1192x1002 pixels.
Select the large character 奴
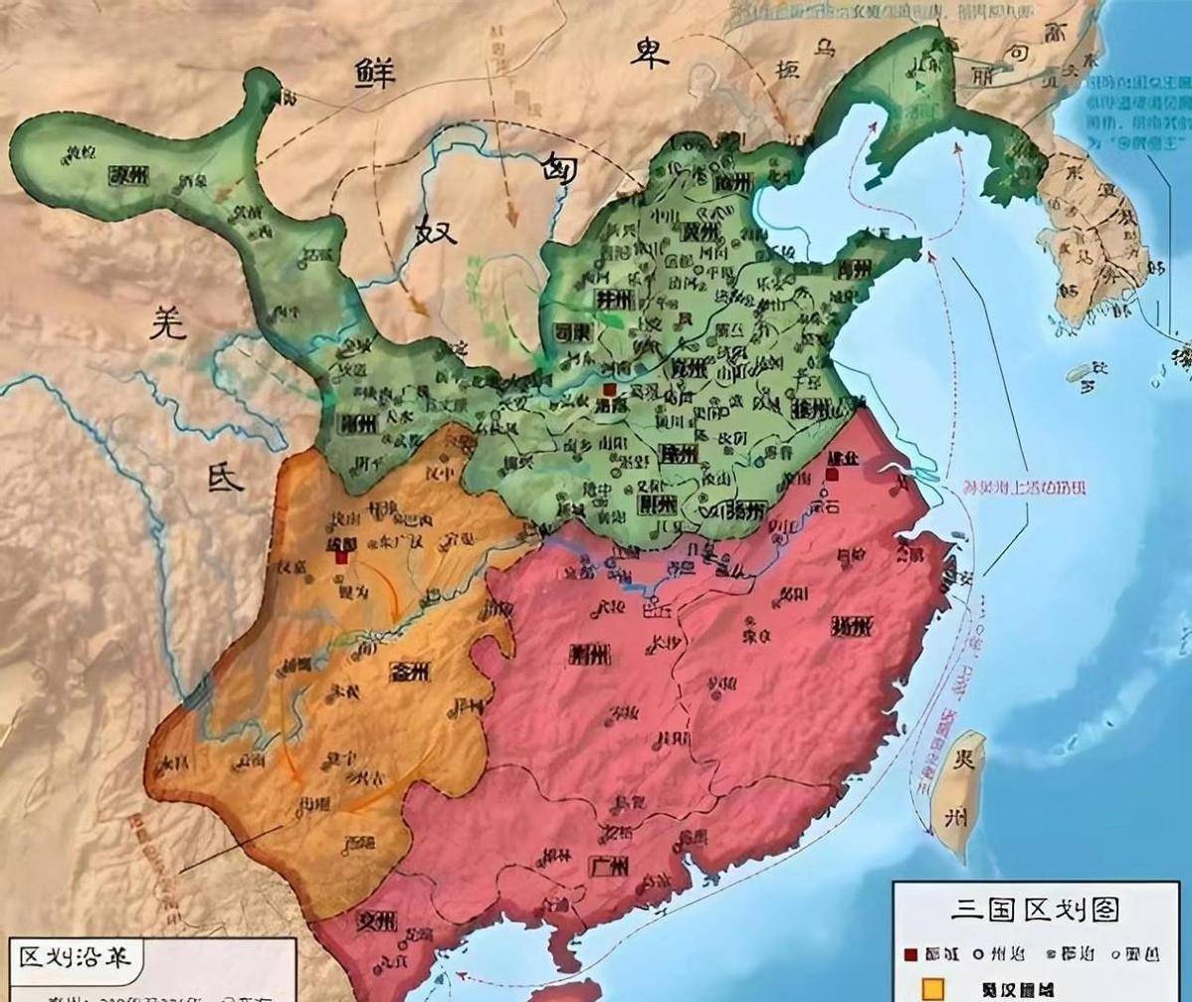[435, 232]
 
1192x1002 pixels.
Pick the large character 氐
[224, 476]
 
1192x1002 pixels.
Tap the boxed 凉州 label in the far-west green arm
[128, 176]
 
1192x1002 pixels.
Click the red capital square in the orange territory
[341, 557]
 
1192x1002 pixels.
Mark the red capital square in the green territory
[608, 390]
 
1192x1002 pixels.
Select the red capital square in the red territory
[832, 476]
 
